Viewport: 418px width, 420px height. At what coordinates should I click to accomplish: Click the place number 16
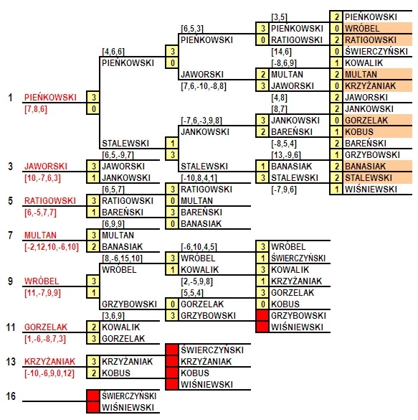[11, 396]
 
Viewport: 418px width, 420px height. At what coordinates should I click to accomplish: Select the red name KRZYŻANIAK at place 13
[49, 362]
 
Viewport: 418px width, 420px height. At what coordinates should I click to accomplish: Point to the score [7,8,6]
[36, 109]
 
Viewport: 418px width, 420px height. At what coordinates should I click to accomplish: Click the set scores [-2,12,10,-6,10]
[52, 247]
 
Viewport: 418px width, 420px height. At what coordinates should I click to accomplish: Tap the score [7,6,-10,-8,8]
[204, 86]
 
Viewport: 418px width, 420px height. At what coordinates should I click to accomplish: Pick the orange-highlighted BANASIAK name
[366, 167]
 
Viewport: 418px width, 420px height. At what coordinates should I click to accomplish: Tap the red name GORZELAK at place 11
[46, 327]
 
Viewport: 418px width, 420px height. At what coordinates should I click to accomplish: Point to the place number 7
[11, 235]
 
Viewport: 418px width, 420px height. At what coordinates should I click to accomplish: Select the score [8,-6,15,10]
[122, 258]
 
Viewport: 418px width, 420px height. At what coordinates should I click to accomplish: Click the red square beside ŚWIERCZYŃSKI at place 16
[93, 396]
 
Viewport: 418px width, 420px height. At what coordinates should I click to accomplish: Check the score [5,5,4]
[192, 293]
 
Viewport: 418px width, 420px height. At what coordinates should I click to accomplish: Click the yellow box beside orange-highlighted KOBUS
[337, 132]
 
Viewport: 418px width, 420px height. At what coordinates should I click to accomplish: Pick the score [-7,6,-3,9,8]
[201, 121]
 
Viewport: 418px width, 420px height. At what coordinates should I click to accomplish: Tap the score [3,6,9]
[113, 316]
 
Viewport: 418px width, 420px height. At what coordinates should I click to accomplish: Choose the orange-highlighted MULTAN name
[361, 74]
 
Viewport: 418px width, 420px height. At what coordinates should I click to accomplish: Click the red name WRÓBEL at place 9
[42, 281]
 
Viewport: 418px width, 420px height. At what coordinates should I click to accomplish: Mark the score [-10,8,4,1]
[199, 178]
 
